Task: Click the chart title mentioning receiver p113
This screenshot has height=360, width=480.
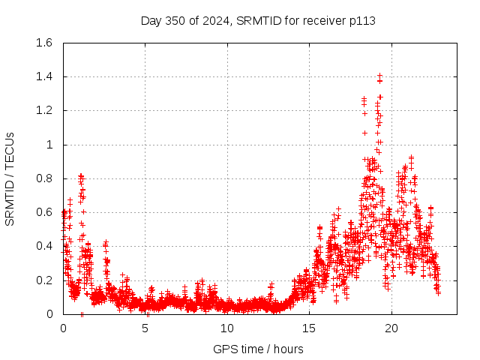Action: pyautogui.click(x=258, y=20)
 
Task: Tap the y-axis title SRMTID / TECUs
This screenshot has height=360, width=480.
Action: pyautogui.click(x=10, y=178)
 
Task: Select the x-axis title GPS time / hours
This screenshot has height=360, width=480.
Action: pyautogui.click(x=258, y=349)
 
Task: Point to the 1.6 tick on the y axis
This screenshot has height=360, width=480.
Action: pyautogui.click(x=43, y=43)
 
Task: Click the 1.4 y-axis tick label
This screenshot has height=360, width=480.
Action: pyautogui.click(x=43, y=76)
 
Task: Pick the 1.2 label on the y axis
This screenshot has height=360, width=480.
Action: pyautogui.click(x=43, y=110)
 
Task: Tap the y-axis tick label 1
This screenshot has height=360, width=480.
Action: pyautogui.click(x=50, y=145)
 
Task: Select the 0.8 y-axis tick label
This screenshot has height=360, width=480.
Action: pyautogui.click(x=43, y=178)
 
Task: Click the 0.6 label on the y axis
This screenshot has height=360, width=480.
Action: pyautogui.click(x=43, y=212)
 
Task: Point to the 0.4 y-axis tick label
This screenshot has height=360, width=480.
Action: pyautogui.click(x=43, y=246)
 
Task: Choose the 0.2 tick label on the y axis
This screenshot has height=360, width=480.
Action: pyautogui.click(x=43, y=280)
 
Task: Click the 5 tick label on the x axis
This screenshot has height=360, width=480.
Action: pyautogui.click(x=145, y=328)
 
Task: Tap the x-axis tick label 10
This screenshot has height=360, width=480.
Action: pyautogui.click(x=227, y=328)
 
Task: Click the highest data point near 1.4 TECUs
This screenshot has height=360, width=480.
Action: pyautogui.click(x=380, y=75)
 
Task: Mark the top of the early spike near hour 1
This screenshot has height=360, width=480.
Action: pyautogui.click(x=81, y=175)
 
